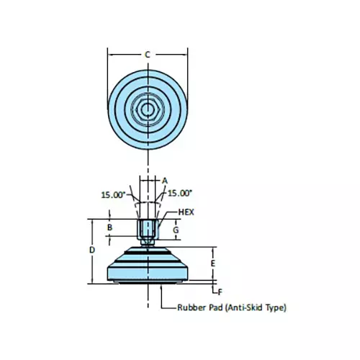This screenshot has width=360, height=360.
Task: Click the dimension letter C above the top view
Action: pyautogui.click(x=147, y=55)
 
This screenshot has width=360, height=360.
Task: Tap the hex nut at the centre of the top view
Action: pyautogui.click(x=147, y=109)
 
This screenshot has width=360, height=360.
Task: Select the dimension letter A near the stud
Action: pyautogui.click(x=164, y=180)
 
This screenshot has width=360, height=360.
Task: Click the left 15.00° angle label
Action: pyautogui.click(x=114, y=194)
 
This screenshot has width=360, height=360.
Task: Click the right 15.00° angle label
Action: pyautogui.click(x=181, y=193)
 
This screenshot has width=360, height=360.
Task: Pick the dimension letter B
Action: pyautogui.click(x=109, y=228)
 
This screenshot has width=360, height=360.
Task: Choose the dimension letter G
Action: pyautogui.click(x=175, y=229)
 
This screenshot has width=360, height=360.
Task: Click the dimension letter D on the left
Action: pyautogui.click(x=91, y=249)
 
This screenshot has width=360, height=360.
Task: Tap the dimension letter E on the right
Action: pyautogui.click(x=213, y=264)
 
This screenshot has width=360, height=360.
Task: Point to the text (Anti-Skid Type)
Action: pyautogui.click(x=256, y=308)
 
